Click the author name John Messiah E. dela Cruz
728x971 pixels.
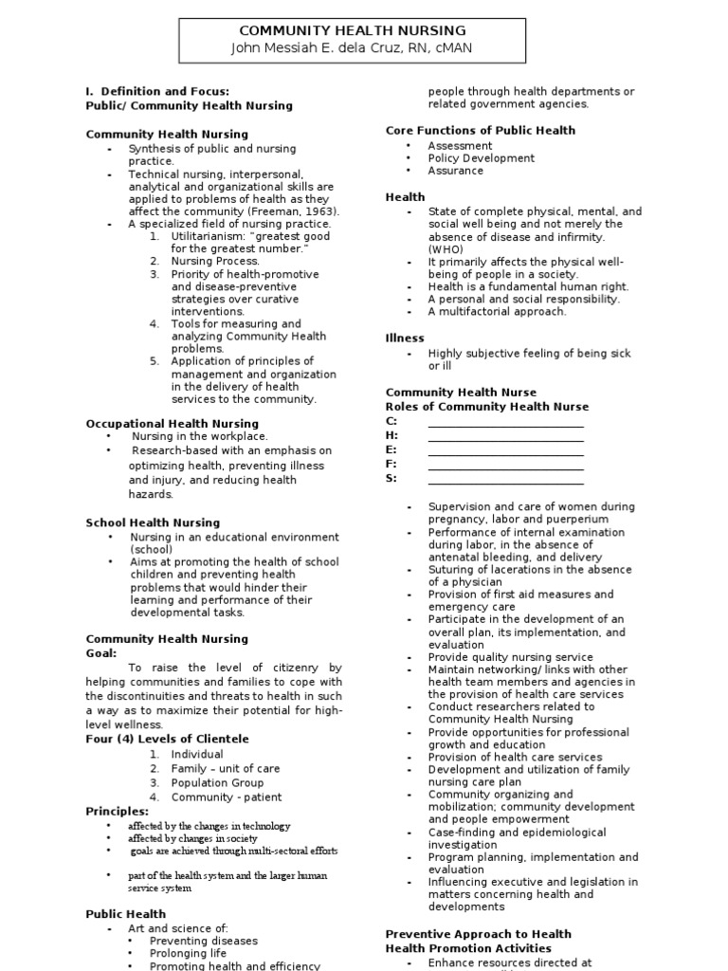(x=322, y=47)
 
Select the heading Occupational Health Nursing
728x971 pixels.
(x=172, y=424)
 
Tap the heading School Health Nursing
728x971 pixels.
(x=153, y=522)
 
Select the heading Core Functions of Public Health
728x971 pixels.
(x=480, y=131)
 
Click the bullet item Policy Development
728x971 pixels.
(x=481, y=158)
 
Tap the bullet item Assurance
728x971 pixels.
(x=455, y=171)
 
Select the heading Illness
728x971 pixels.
(x=405, y=339)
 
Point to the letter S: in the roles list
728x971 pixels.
(x=391, y=479)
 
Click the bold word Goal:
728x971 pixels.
(x=101, y=653)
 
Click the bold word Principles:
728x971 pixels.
(x=117, y=812)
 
